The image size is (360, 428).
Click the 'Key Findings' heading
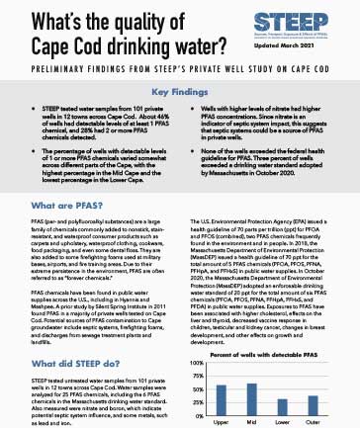[x=180, y=88]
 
